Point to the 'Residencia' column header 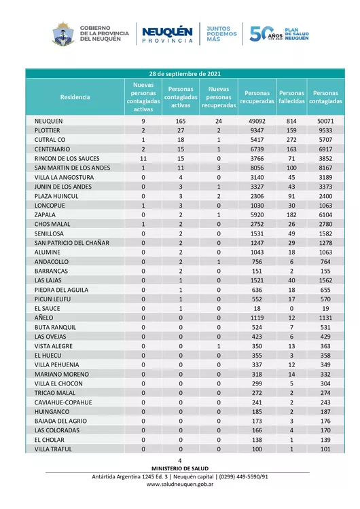pyautogui.click(x=75, y=97)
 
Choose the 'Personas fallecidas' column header pyautogui.click(x=292, y=97)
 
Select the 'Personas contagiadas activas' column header pyautogui.click(x=181, y=97)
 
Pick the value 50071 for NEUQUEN pyautogui.click(x=325, y=120)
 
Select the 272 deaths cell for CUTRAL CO pyautogui.click(x=292, y=139)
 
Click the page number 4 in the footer pyautogui.click(x=181, y=461)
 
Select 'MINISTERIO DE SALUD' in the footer pyautogui.click(x=181, y=468)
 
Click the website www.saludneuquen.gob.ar pyautogui.click(x=181, y=485)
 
